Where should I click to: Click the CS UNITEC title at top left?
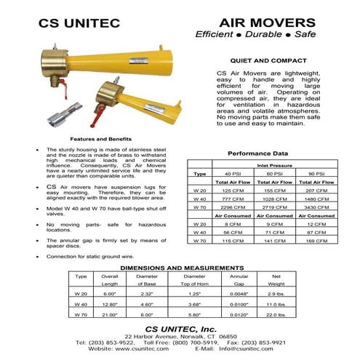[x=81, y=23]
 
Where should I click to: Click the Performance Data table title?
[x=257, y=153]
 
